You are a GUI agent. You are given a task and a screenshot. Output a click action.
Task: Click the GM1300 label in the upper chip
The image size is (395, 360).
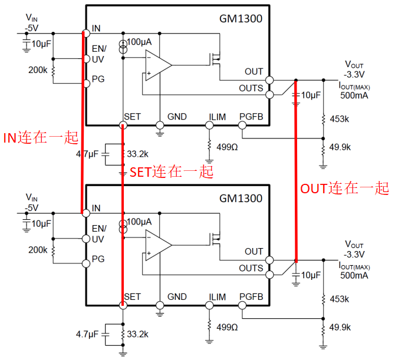(x=241, y=19)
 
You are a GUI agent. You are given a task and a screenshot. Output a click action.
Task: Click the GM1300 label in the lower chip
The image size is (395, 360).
(x=241, y=199)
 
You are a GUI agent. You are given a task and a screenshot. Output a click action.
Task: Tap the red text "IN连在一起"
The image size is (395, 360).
(x=41, y=138)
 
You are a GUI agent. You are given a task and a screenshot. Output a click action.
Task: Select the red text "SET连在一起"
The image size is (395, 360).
(x=172, y=172)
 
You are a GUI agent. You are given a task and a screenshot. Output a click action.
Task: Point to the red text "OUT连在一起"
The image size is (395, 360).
(x=345, y=188)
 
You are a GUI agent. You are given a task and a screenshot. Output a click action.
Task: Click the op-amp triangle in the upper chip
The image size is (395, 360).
(x=159, y=65)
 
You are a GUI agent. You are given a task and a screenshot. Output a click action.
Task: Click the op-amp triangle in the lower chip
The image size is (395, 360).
(x=159, y=245)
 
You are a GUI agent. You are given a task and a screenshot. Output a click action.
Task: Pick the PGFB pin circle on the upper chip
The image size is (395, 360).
(x=242, y=125)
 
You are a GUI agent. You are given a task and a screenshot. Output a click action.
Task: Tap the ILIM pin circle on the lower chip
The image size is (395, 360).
(x=209, y=305)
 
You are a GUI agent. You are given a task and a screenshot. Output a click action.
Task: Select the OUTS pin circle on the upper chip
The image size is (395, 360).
(x=270, y=95)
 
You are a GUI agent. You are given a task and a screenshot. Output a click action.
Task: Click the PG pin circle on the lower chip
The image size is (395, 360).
(x=86, y=263)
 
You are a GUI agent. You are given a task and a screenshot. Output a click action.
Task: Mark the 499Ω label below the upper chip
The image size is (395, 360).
(x=227, y=147)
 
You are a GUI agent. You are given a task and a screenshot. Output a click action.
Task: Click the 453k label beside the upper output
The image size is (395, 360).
(x=340, y=119)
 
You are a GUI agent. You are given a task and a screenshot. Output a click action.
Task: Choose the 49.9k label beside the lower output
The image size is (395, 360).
(x=340, y=327)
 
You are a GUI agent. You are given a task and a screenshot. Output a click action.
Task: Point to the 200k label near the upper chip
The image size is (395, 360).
(x=38, y=70)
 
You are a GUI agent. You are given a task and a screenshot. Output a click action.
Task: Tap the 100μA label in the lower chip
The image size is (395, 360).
(x=139, y=222)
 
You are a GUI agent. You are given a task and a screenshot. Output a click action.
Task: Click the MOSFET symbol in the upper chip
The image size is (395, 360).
(x=215, y=60)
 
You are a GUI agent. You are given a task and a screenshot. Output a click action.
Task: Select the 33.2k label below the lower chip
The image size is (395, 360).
(x=137, y=334)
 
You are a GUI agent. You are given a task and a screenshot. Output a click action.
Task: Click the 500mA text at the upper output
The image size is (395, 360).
(x=354, y=95)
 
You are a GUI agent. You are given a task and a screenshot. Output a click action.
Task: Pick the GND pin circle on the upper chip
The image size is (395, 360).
(x=160, y=125)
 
